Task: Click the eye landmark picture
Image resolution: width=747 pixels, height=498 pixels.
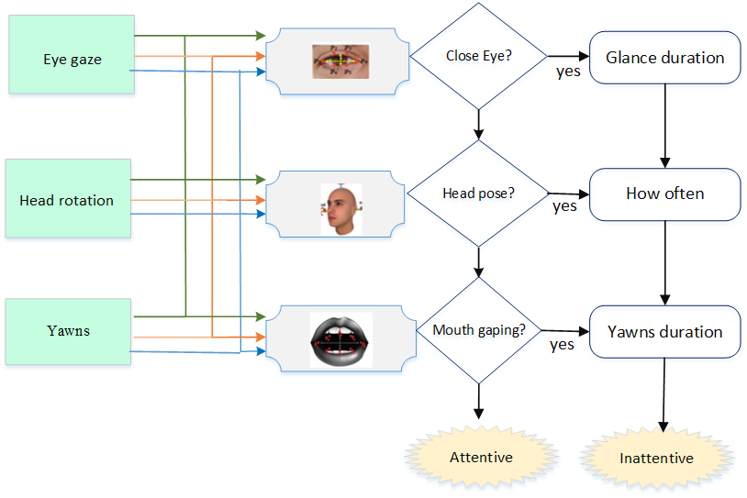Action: point(338,61)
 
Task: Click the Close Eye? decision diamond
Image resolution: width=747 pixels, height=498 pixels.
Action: point(478,56)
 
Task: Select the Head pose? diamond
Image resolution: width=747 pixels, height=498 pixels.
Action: point(478,194)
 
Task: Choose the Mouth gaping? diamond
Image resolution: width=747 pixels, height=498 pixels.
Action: point(478,330)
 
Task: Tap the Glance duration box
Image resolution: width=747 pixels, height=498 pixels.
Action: point(664,58)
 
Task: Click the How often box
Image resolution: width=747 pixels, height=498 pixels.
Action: point(664,194)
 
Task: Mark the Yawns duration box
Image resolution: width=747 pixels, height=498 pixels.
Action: point(664,331)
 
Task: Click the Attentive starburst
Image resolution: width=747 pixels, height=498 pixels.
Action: point(481,457)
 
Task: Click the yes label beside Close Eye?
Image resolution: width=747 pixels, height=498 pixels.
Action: point(568,72)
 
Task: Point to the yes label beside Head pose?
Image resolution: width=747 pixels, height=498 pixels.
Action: point(564,206)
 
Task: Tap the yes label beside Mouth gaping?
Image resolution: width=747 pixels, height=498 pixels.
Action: point(562,345)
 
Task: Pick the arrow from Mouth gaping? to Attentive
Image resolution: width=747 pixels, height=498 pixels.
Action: point(478,404)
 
